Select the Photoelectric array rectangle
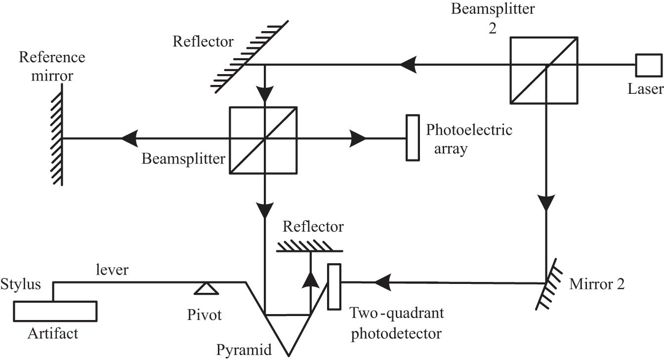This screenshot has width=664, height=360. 413,138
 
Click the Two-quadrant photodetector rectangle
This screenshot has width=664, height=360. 334,286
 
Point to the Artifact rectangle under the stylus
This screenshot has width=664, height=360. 55,311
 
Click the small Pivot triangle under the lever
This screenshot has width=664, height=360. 207,287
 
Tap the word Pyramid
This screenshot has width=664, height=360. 244,350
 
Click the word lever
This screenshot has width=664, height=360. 114,270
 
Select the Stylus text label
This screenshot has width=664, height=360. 21,285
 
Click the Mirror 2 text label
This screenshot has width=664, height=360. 597,284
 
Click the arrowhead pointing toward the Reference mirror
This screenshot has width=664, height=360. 129,139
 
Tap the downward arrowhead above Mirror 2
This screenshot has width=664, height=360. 546,202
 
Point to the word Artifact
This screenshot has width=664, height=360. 53,334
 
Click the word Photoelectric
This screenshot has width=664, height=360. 469,130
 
